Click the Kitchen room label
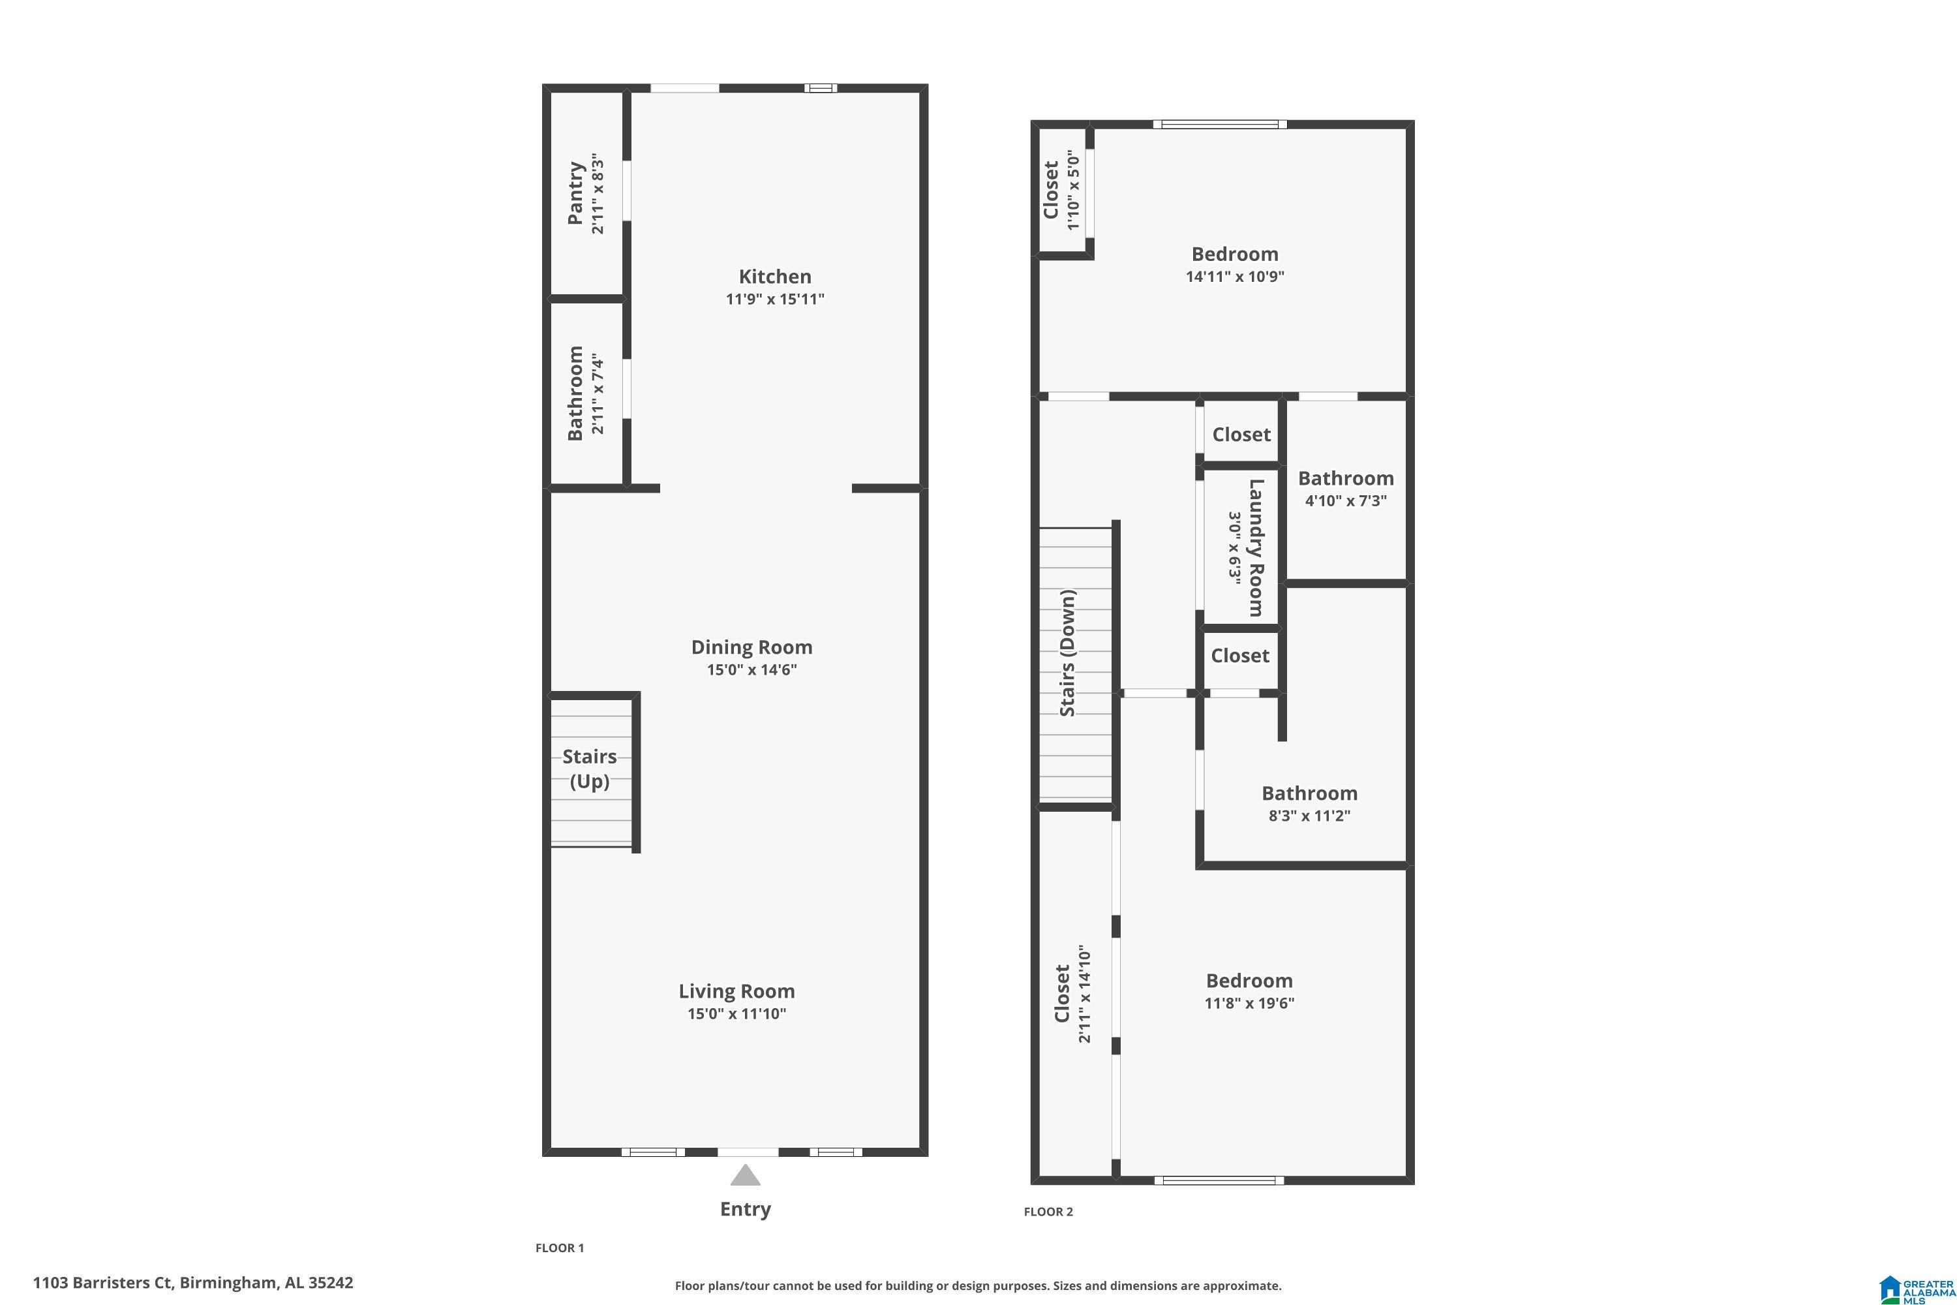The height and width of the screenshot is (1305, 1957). click(x=775, y=276)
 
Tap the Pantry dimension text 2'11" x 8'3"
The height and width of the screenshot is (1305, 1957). click(x=598, y=193)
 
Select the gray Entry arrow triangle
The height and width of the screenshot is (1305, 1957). click(x=746, y=1176)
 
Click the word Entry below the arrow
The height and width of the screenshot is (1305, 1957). click(x=746, y=1208)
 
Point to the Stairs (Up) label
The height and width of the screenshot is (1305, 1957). click(x=589, y=768)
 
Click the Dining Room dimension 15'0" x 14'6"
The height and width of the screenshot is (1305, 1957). click(x=751, y=670)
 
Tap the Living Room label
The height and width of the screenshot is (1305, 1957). click(x=736, y=990)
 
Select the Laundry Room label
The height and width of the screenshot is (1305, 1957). click(x=1256, y=547)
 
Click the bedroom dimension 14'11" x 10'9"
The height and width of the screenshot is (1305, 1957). click(x=1235, y=276)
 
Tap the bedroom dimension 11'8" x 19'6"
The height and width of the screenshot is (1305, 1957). click(x=1249, y=1003)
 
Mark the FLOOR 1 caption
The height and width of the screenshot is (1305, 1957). click(x=559, y=1248)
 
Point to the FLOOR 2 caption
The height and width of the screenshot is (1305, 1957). click(x=1048, y=1212)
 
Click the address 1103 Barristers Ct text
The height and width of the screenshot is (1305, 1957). click(x=193, y=1283)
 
